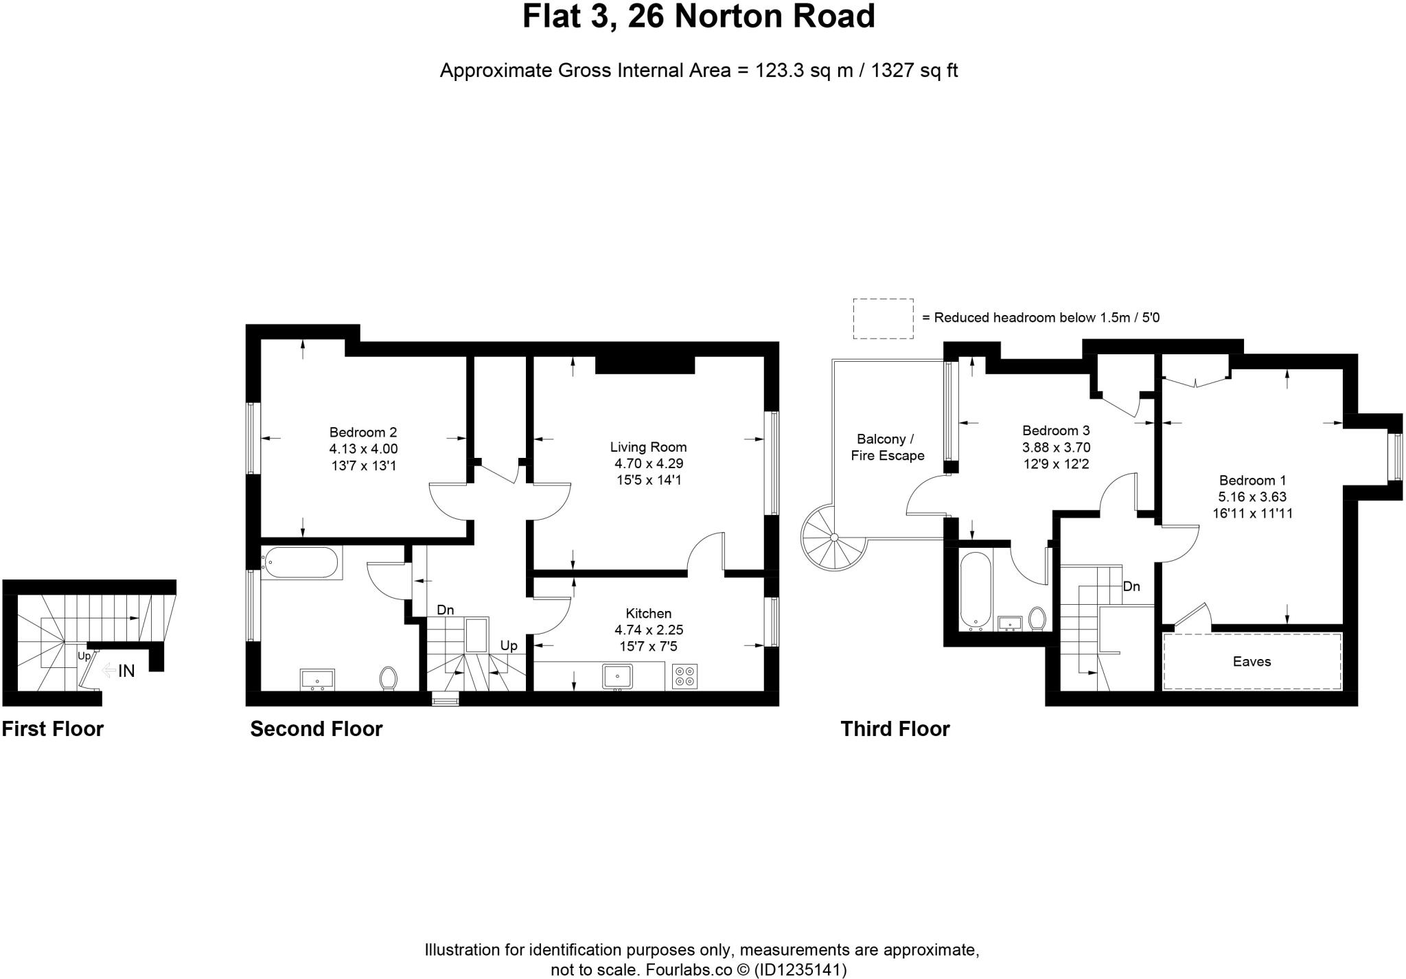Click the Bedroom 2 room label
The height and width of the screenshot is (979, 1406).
(x=362, y=433)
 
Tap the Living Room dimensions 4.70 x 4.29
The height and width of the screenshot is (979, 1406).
(x=648, y=463)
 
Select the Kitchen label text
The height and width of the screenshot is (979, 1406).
(x=648, y=613)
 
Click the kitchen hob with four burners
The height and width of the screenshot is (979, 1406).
(x=684, y=676)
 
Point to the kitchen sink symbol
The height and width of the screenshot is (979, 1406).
(x=617, y=676)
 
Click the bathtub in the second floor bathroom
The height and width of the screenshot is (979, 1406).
(x=301, y=562)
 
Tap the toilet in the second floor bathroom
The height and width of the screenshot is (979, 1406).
(x=389, y=678)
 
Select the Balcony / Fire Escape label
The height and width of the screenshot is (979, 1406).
(x=887, y=447)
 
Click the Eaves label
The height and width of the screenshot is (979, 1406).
(x=1252, y=661)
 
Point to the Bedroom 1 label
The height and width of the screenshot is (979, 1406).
(x=1252, y=481)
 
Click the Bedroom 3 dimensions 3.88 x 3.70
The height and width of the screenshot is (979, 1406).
(x=1056, y=448)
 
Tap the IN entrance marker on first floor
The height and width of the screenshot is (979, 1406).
(x=126, y=671)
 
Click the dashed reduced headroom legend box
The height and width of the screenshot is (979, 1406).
(x=883, y=318)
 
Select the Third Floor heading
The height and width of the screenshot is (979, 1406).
(x=895, y=728)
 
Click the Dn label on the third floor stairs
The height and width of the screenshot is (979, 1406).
(x=1131, y=586)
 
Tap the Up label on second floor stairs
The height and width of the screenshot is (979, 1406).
(x=508, y=645)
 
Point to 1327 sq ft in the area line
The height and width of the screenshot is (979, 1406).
(x=914, y=71)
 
